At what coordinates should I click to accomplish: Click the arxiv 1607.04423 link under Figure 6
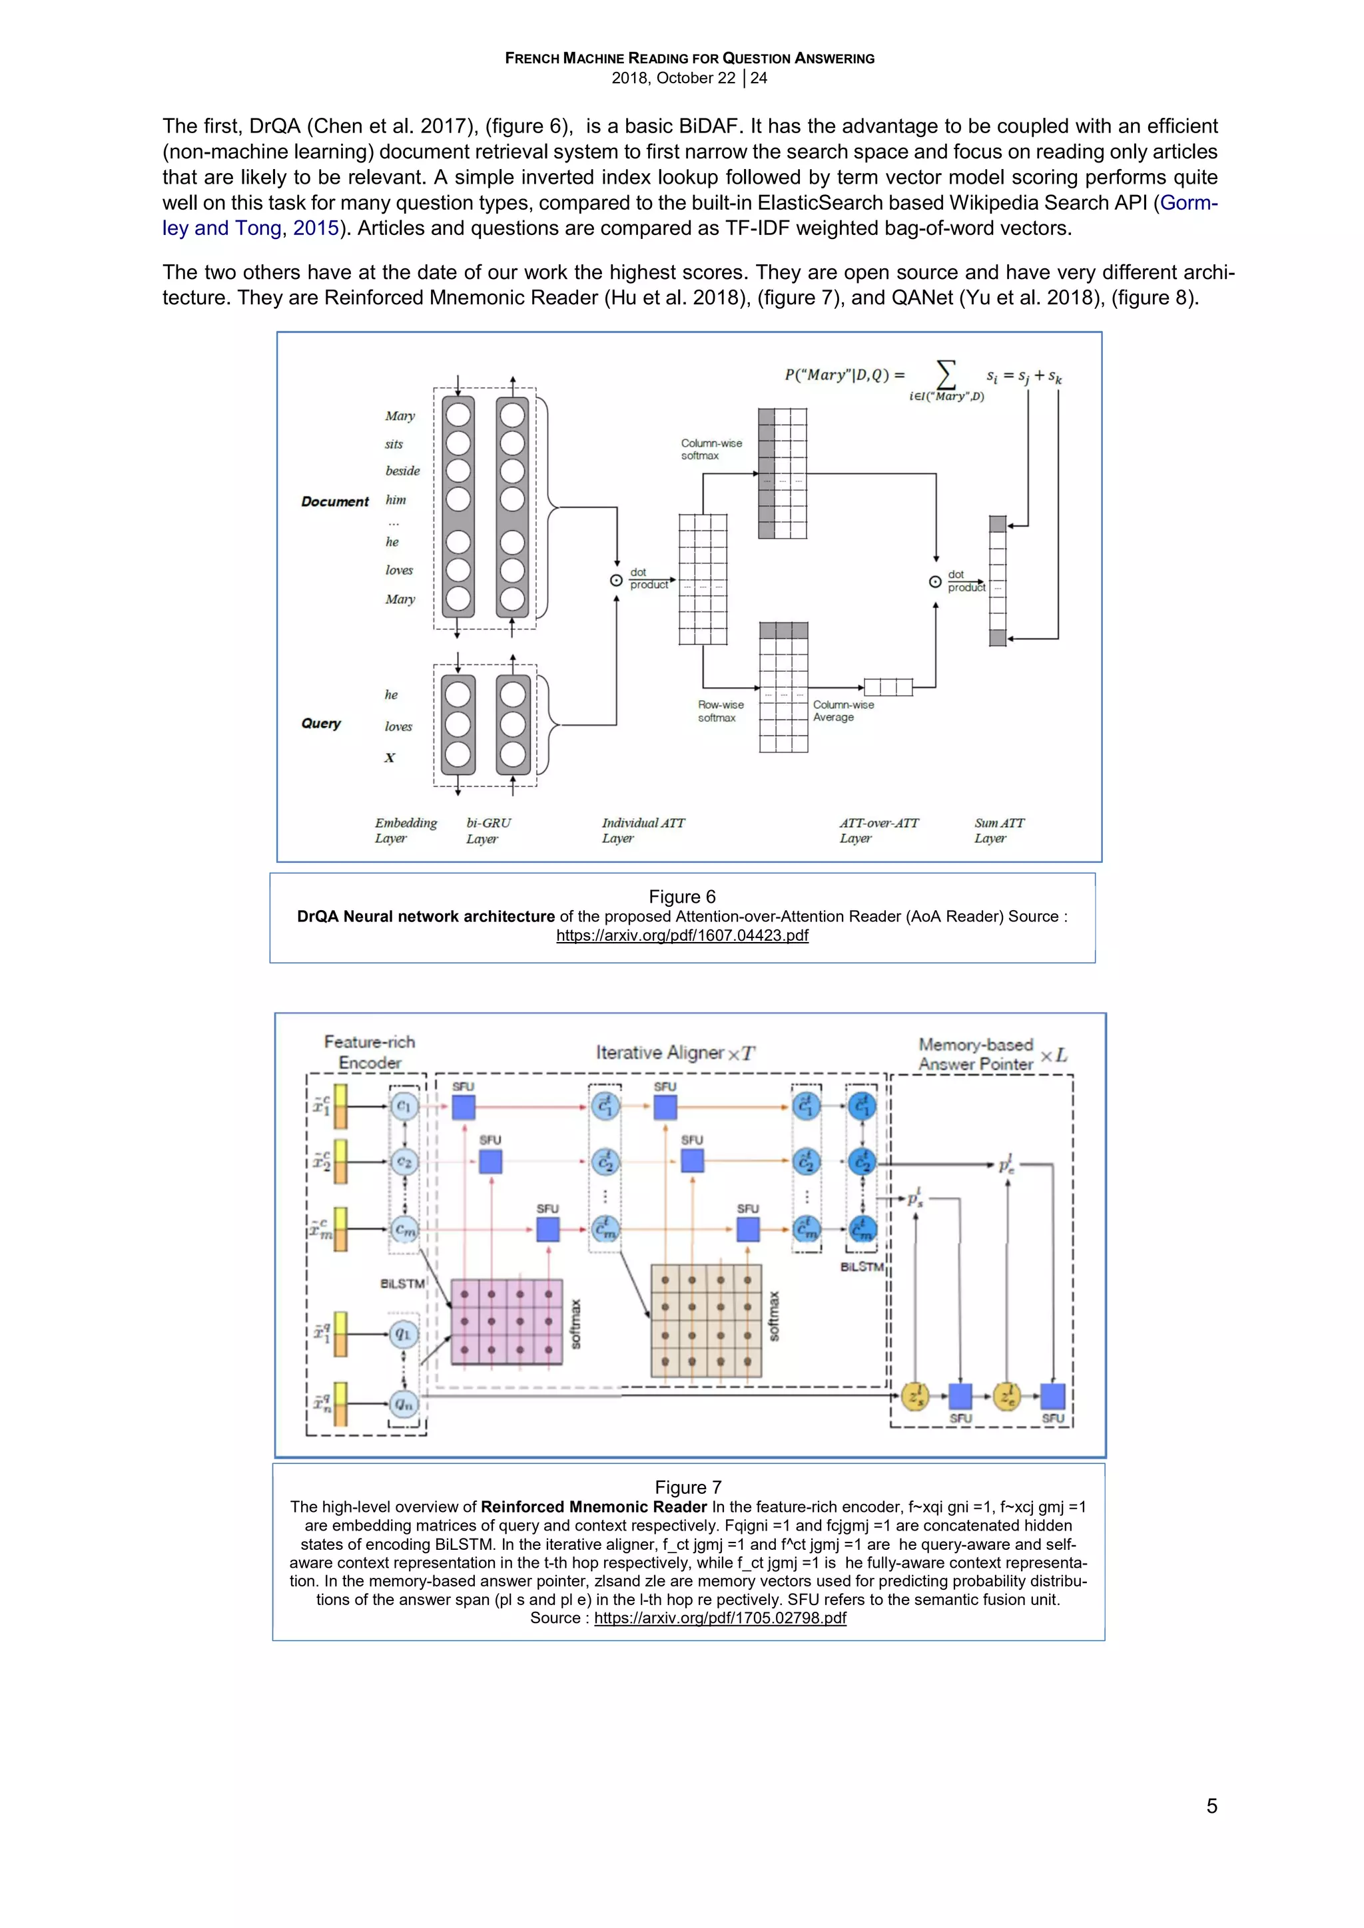coord(682,935)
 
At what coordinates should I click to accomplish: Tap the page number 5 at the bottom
coord(1211,1806)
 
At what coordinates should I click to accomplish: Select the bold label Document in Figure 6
coord(334,501)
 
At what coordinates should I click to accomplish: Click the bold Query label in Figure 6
coord(321,723)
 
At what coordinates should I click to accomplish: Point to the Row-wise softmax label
coord(720,711)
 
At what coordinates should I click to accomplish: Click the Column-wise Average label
coord(843,710)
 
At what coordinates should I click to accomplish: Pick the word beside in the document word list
coord(402,471)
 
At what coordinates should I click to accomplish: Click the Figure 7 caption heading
coord(688,1487)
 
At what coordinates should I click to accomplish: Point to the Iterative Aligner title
coord(675,1052)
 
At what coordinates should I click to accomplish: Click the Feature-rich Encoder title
coord(370,1052)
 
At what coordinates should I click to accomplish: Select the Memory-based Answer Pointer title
coord(975,1054)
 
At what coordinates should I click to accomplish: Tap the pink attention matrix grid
coord(506,1322)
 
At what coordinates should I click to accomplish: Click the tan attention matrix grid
coord(707,1320)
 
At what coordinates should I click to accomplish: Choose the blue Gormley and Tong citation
coord(250,228)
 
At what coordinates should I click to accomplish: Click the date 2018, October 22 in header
coord(673,78)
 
